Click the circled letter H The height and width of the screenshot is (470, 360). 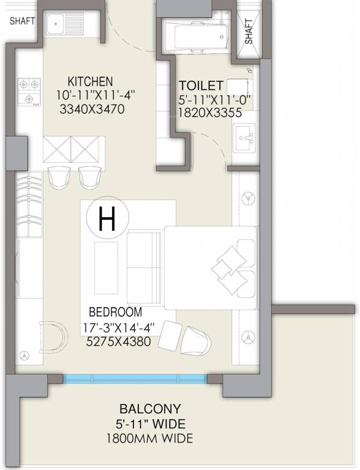(107, 218)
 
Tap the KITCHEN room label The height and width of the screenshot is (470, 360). (90, 81)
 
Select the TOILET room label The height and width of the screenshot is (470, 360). (201, 86)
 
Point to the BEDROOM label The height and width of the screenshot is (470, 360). (116, 312)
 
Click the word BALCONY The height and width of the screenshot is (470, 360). (150, 409)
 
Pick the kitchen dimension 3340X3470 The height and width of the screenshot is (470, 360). (92, 109)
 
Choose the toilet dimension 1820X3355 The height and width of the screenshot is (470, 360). (210, 113)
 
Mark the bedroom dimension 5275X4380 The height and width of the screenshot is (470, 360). (118, 341)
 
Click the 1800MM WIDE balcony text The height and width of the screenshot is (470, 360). (150, 439)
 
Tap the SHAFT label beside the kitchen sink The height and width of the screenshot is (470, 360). (23, 21)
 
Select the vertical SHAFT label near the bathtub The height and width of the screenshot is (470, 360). (249, 32)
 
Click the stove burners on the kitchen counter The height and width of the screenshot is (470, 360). (29, 92)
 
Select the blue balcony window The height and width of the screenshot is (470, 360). (135, 379)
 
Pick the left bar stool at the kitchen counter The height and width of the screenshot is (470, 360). (59, 177)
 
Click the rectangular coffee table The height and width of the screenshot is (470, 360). (106, 268)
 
